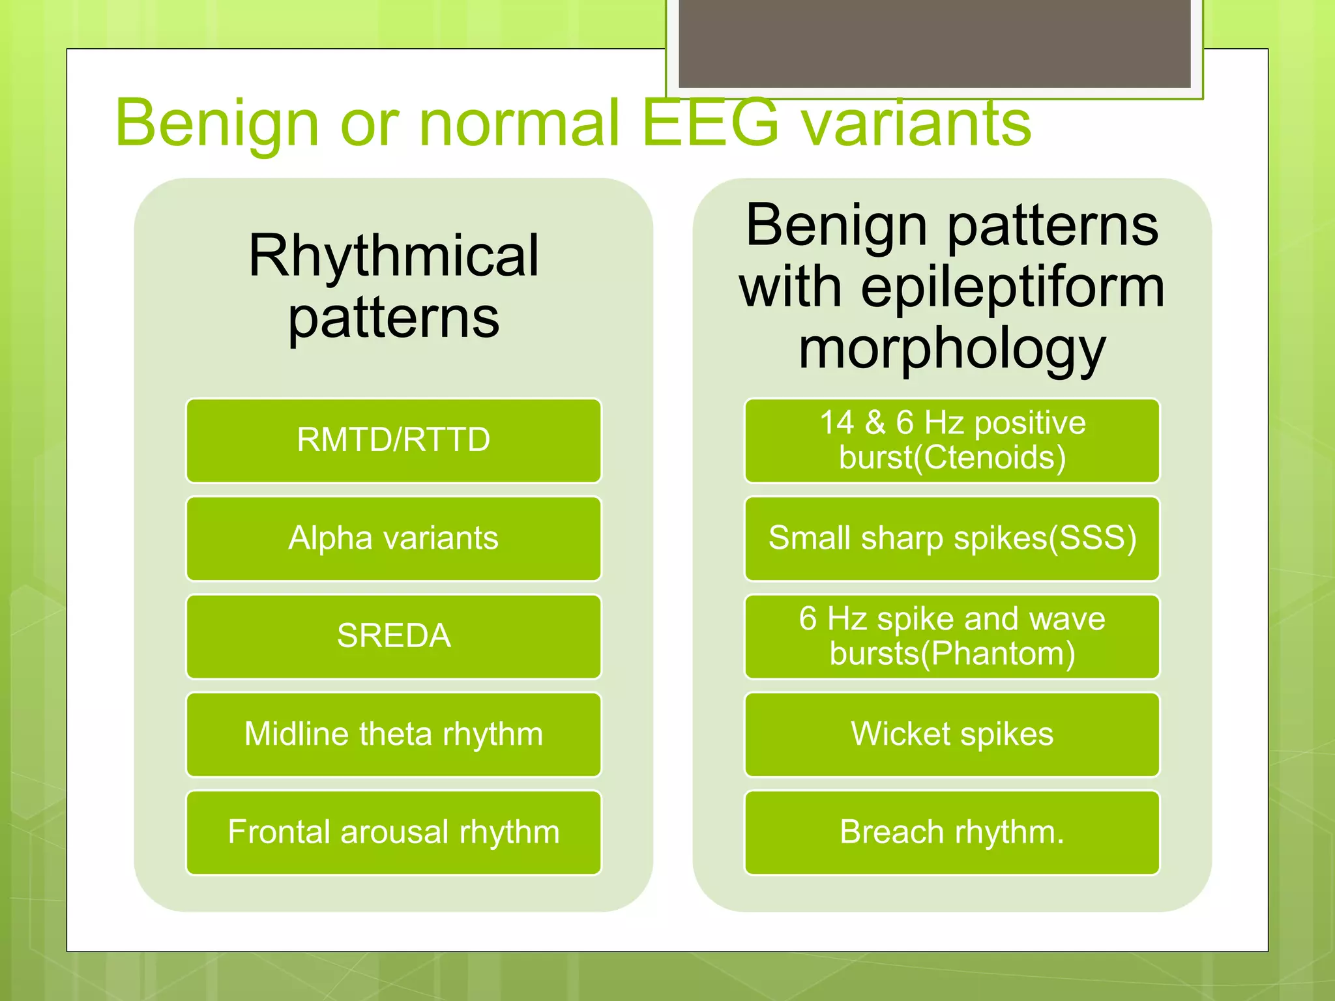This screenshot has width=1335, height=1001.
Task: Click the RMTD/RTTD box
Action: [x=393, y=440]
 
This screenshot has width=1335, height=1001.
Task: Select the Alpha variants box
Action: [x=393, y=538]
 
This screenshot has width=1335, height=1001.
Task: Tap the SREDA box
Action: [x=393, y=636]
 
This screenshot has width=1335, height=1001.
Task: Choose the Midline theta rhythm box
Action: [x=393, y=734]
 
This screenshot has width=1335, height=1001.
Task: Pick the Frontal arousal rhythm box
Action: [x=393, y=832]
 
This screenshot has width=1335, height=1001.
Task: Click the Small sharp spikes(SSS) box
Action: [x=952, y=538]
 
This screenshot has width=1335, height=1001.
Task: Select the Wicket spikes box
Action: [x=952, y=734]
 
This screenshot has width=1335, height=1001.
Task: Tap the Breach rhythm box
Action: [x=952, y=832]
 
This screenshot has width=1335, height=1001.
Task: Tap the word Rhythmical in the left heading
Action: [x=394, y=256]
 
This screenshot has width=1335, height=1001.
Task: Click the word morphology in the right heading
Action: [x=952, y=350]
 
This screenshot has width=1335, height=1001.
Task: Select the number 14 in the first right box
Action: [x=836, y=422]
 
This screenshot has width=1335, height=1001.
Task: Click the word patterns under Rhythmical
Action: [x=394, y=318]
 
